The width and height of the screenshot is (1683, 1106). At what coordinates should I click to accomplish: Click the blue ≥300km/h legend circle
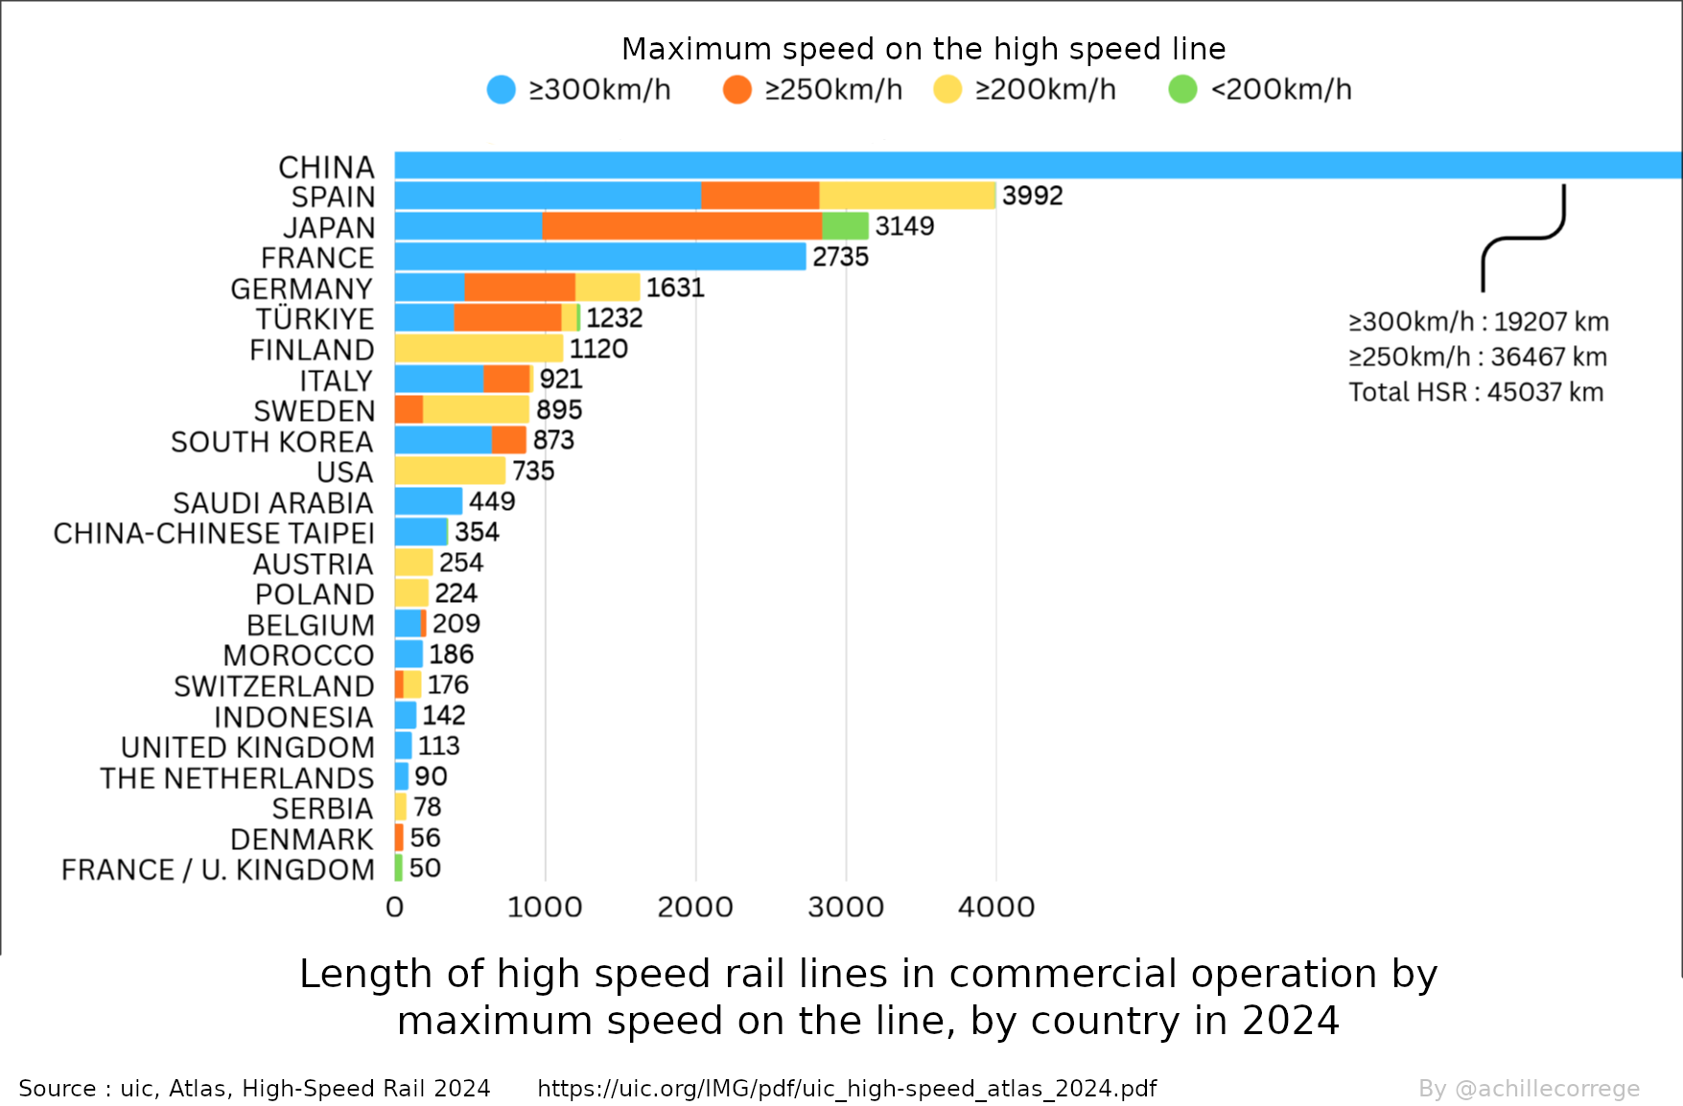coord(501,90)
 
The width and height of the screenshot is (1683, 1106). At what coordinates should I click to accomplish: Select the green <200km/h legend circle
coord(1182,90)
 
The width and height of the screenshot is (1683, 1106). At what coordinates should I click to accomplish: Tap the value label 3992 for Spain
coord(1032,196)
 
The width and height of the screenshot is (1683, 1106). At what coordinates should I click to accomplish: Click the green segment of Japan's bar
coord(845,226)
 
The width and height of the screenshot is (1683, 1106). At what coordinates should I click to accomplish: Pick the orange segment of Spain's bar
coord(760,196)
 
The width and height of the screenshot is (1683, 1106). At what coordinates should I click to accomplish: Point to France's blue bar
coord(599,257)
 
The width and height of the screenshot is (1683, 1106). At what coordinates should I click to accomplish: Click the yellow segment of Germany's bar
coord(607,288)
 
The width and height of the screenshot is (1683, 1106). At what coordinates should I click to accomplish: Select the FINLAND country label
coord(312,350)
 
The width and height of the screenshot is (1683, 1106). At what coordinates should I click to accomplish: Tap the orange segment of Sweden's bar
coord(409,410)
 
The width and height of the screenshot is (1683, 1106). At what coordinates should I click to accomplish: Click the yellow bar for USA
coord(450,471)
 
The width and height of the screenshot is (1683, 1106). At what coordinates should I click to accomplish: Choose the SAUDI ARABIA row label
coord(272,503)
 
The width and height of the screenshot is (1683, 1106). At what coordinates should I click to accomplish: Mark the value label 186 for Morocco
coord(451,655)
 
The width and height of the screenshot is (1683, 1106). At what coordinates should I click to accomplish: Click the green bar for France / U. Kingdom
coord(398,868)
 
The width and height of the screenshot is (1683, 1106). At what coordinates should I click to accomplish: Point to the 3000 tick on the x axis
coord(845,907)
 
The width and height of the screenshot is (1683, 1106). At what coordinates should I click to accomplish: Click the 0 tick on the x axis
coord(394,907)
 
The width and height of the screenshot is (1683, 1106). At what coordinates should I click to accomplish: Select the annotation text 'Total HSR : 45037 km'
coord(1476,392)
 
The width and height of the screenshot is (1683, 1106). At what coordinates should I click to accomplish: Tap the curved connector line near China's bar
coord(1523,239)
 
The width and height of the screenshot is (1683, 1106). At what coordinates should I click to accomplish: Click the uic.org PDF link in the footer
coord(847,1089)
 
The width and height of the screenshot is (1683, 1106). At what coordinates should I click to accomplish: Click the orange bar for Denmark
coord(399,838)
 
